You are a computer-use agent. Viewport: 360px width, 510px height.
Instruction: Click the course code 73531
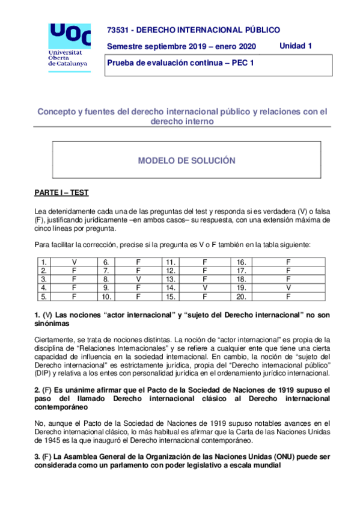pos(117,30)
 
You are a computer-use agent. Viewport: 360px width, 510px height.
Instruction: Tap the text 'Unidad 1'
pos(296,46)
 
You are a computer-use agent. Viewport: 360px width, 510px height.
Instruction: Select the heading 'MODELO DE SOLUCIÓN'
pos(186,161)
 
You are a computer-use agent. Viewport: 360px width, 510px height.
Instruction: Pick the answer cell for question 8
pos(138,279)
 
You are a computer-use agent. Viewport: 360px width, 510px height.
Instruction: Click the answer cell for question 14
pos(205,287)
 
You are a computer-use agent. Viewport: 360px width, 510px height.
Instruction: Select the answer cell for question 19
pos(288,287)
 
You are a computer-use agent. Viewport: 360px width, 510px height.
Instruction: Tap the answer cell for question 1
pos(75,262)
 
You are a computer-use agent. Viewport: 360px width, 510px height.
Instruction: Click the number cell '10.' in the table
pos(106,296)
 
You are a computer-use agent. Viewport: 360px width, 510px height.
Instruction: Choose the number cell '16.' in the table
pos(241,262)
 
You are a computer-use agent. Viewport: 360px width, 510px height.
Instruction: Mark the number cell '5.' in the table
pos(43,296)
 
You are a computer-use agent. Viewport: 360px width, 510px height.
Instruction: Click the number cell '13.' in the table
pos(170,279)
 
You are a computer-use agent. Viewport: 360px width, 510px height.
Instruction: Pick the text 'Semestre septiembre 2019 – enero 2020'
pos(181,46)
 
